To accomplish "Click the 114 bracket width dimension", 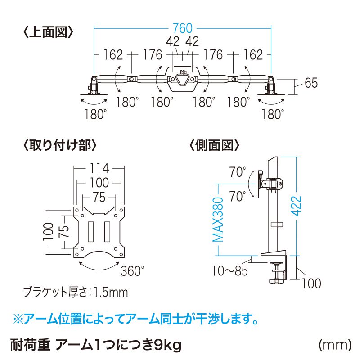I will tap(99, 169).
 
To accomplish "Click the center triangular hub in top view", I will tap(182, 79).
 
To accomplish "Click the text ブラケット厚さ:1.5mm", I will tap(76, 293).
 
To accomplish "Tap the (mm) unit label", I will tap(334, 345).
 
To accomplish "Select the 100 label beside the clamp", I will tap(311, 283).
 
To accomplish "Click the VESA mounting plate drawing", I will tap(99, 232).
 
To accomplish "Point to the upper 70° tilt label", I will tap(238, 172).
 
